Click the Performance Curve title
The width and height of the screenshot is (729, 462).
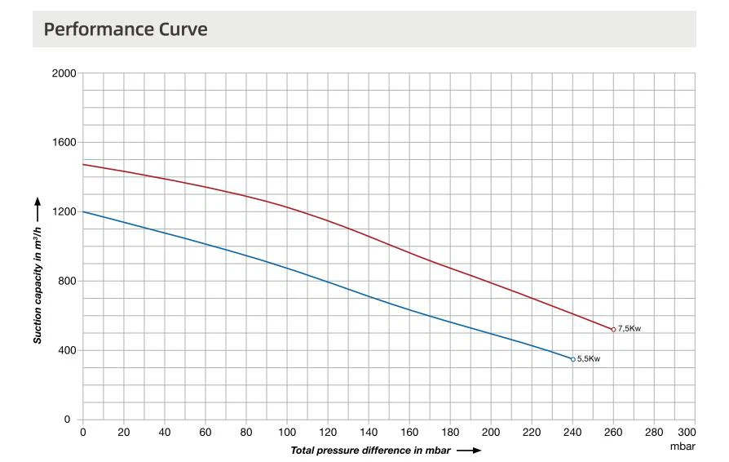126,29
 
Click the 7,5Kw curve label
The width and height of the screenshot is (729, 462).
630,329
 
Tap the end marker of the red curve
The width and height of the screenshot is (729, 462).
613,329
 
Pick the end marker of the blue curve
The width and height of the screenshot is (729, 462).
573,359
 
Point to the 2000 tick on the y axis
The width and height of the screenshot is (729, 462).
65,73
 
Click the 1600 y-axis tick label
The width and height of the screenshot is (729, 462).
65,143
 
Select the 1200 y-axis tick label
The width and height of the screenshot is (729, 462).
65,212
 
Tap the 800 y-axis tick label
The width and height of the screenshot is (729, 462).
68,282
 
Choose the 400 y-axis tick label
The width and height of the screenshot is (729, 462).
68,351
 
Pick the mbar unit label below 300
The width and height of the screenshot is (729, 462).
683,446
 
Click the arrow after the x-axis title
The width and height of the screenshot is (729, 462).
470,450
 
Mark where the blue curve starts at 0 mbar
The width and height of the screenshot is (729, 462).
84,212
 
